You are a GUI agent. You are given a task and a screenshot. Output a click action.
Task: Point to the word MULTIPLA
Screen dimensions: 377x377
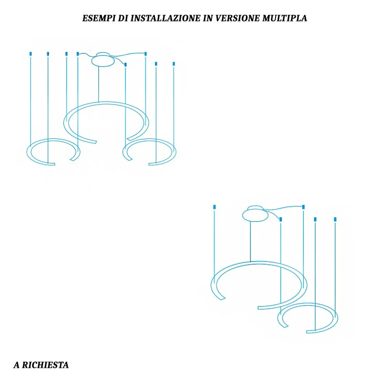click(x=284, y=18)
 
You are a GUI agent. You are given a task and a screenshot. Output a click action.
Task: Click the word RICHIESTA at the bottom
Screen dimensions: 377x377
click(x=45, y=365)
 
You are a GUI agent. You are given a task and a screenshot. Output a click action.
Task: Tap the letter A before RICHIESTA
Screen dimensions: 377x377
click(x=16, y=365)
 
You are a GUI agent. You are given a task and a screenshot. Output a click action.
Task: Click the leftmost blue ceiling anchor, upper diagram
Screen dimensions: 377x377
click(x=31, y=54)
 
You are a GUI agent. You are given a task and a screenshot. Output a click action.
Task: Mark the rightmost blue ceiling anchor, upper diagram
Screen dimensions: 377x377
click(x=174, y=64)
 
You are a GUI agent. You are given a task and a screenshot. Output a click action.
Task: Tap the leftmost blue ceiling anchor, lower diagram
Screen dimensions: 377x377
click(x=215, y=207)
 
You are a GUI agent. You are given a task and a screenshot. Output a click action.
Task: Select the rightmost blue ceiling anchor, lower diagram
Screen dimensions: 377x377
click(x=335, y=219)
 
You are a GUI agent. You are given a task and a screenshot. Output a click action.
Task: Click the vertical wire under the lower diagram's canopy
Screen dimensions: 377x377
click(x=250, y=241)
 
